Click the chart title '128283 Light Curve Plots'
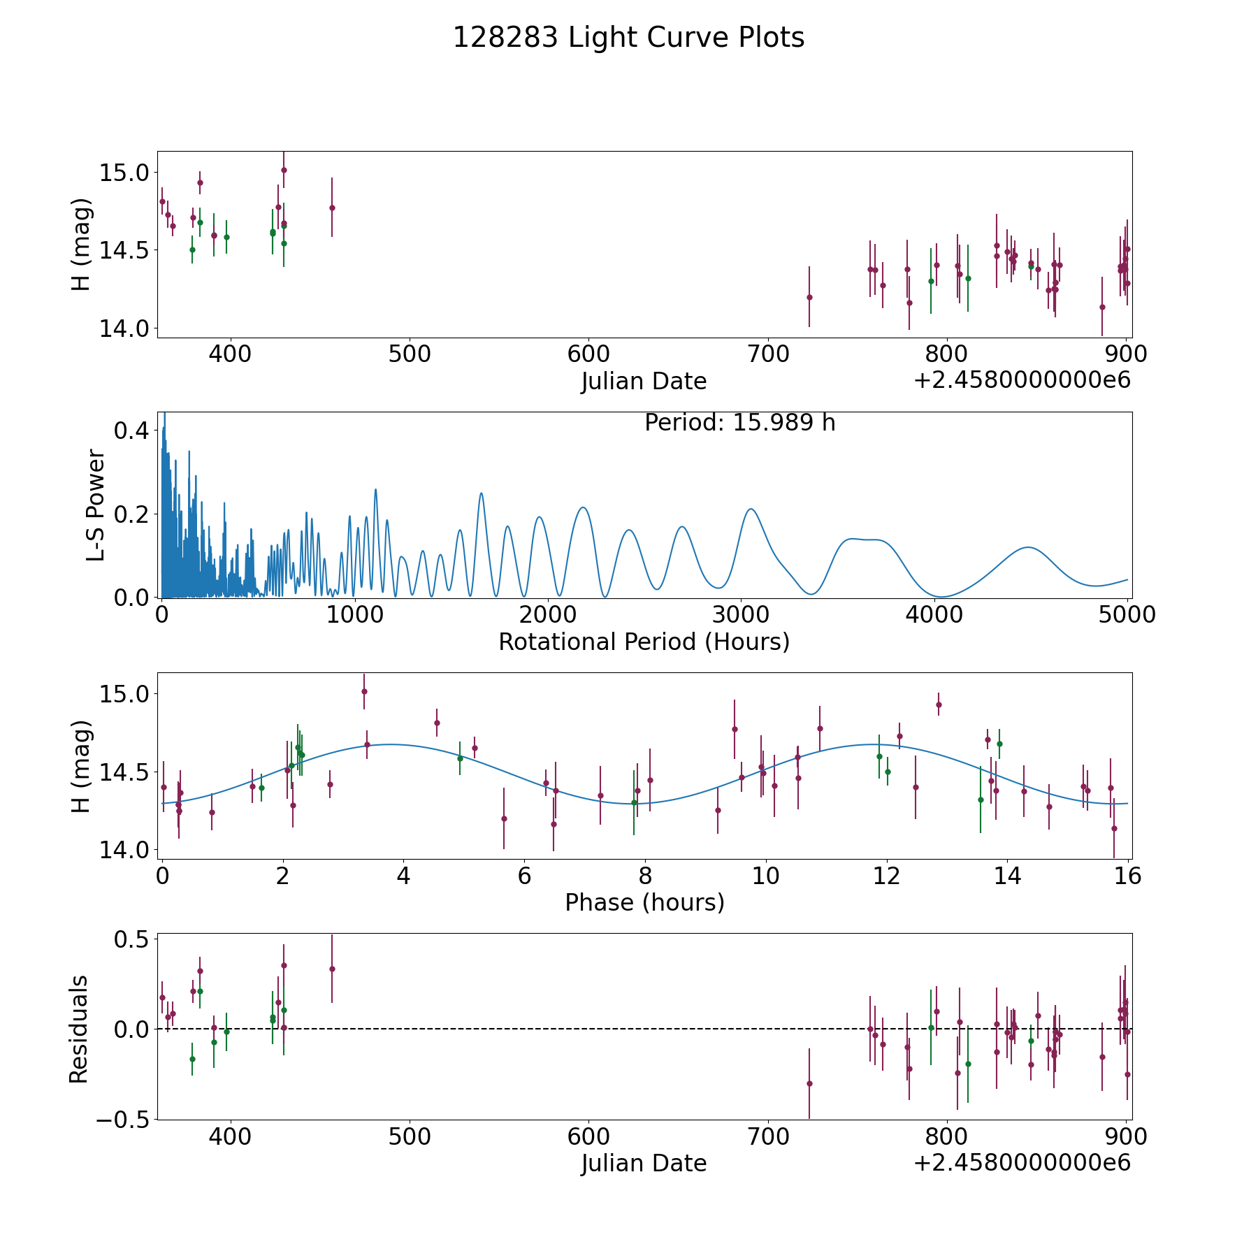click(x=628, y=38)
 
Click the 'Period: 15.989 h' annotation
click(x=739, y=423)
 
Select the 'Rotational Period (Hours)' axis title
click(x=644, y=642)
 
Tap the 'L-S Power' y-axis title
click(x=96, y=505)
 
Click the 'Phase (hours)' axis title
click(x=644, y=902)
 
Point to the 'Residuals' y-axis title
click(x=79, y=1029)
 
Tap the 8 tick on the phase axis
click(x=645, y=876)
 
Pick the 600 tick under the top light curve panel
click(x=588, y=354)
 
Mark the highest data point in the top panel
click(x=284, y=170)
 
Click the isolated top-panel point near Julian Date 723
click(x=809, y=297)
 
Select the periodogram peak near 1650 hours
click(x=481, y=493)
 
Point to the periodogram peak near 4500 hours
click(x=1028, y=547)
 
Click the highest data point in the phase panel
click(x=364, y=691)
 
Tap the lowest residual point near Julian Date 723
click(x=809, y=1083)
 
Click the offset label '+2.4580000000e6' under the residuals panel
click(x=1022, y=1163)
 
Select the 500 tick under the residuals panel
click(x=410, y=1137)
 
